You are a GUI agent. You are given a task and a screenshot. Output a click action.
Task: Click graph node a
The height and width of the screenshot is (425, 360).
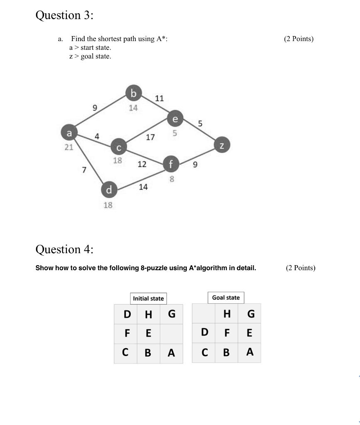69,133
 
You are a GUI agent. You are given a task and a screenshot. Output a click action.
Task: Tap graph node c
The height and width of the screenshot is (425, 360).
118,147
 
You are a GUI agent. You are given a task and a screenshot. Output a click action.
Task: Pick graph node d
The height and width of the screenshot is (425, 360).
109,190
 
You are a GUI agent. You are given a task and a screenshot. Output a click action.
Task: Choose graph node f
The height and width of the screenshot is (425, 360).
170,164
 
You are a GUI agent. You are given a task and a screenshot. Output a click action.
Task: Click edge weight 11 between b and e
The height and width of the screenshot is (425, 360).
159,98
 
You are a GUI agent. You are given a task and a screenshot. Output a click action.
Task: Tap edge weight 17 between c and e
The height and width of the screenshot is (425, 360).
150,137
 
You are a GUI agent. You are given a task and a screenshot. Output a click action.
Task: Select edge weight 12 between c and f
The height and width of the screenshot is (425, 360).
142,164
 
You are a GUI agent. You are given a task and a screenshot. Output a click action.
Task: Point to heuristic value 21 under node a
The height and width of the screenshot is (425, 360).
69,147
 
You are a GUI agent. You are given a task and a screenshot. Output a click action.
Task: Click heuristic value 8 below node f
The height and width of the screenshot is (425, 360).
172,179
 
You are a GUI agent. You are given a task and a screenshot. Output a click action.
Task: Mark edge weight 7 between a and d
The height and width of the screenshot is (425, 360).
84,169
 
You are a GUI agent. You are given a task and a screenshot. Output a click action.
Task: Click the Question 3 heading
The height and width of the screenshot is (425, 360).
64,15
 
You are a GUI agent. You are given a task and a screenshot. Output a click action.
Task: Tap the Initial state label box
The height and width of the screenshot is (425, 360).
148,298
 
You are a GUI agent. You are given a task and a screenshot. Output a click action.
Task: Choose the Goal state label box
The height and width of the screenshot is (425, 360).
226,298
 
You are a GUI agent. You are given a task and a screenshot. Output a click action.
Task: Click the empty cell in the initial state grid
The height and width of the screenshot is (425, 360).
171,333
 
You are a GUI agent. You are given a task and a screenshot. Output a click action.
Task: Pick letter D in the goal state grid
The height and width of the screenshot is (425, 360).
204,332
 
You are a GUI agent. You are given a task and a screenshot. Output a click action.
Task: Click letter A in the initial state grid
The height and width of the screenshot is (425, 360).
171,353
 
